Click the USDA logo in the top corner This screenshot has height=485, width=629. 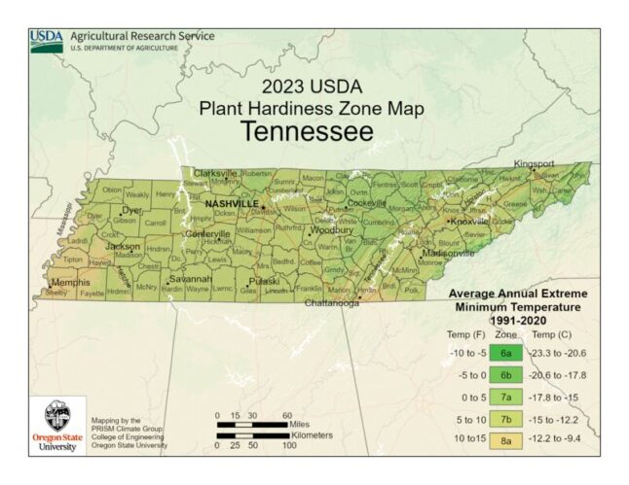point(46,41)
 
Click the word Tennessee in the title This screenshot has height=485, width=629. point(307,131)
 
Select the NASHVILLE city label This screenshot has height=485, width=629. point(231,203)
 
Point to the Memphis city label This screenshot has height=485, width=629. point(70,282)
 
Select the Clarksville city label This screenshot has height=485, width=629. point(215,173)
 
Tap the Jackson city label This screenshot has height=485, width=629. point(123,246)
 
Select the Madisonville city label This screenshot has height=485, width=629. point(447,253)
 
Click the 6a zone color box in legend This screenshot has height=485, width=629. point(505,353)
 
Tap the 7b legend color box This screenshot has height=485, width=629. point(505,420)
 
